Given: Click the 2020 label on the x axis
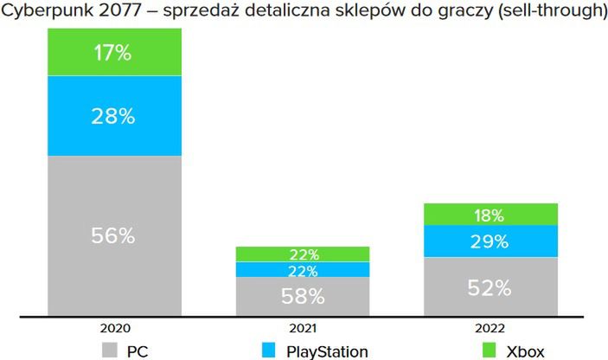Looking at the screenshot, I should (114, 329).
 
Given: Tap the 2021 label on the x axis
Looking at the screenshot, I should (303, 329).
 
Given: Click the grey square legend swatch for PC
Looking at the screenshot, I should (110, 350).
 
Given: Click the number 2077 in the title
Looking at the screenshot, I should (118, 12).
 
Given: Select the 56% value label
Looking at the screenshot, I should (114, 236).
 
